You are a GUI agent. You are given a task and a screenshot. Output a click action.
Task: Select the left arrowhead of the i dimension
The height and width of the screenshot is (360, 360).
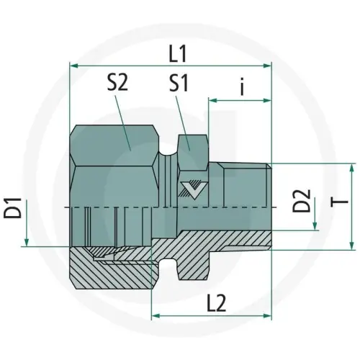[212, 101]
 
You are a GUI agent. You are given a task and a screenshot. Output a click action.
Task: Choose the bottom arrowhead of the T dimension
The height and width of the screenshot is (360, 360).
[351, 243]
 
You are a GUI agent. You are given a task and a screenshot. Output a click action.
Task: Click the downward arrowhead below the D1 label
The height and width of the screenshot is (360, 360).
[26, 241]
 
